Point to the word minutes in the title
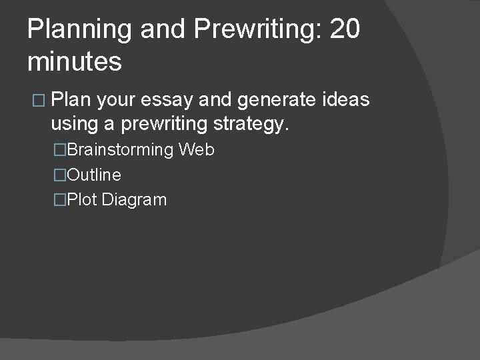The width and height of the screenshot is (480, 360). click(75, 62)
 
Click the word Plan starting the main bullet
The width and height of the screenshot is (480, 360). click(71, 100)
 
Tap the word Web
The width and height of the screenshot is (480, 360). click(197, 149)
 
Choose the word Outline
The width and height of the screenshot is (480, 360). click(94, 175)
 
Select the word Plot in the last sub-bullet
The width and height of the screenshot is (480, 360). click(82, 199)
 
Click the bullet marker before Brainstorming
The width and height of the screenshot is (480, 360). click(60, 150)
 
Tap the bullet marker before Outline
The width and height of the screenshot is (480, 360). click(60, 175)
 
